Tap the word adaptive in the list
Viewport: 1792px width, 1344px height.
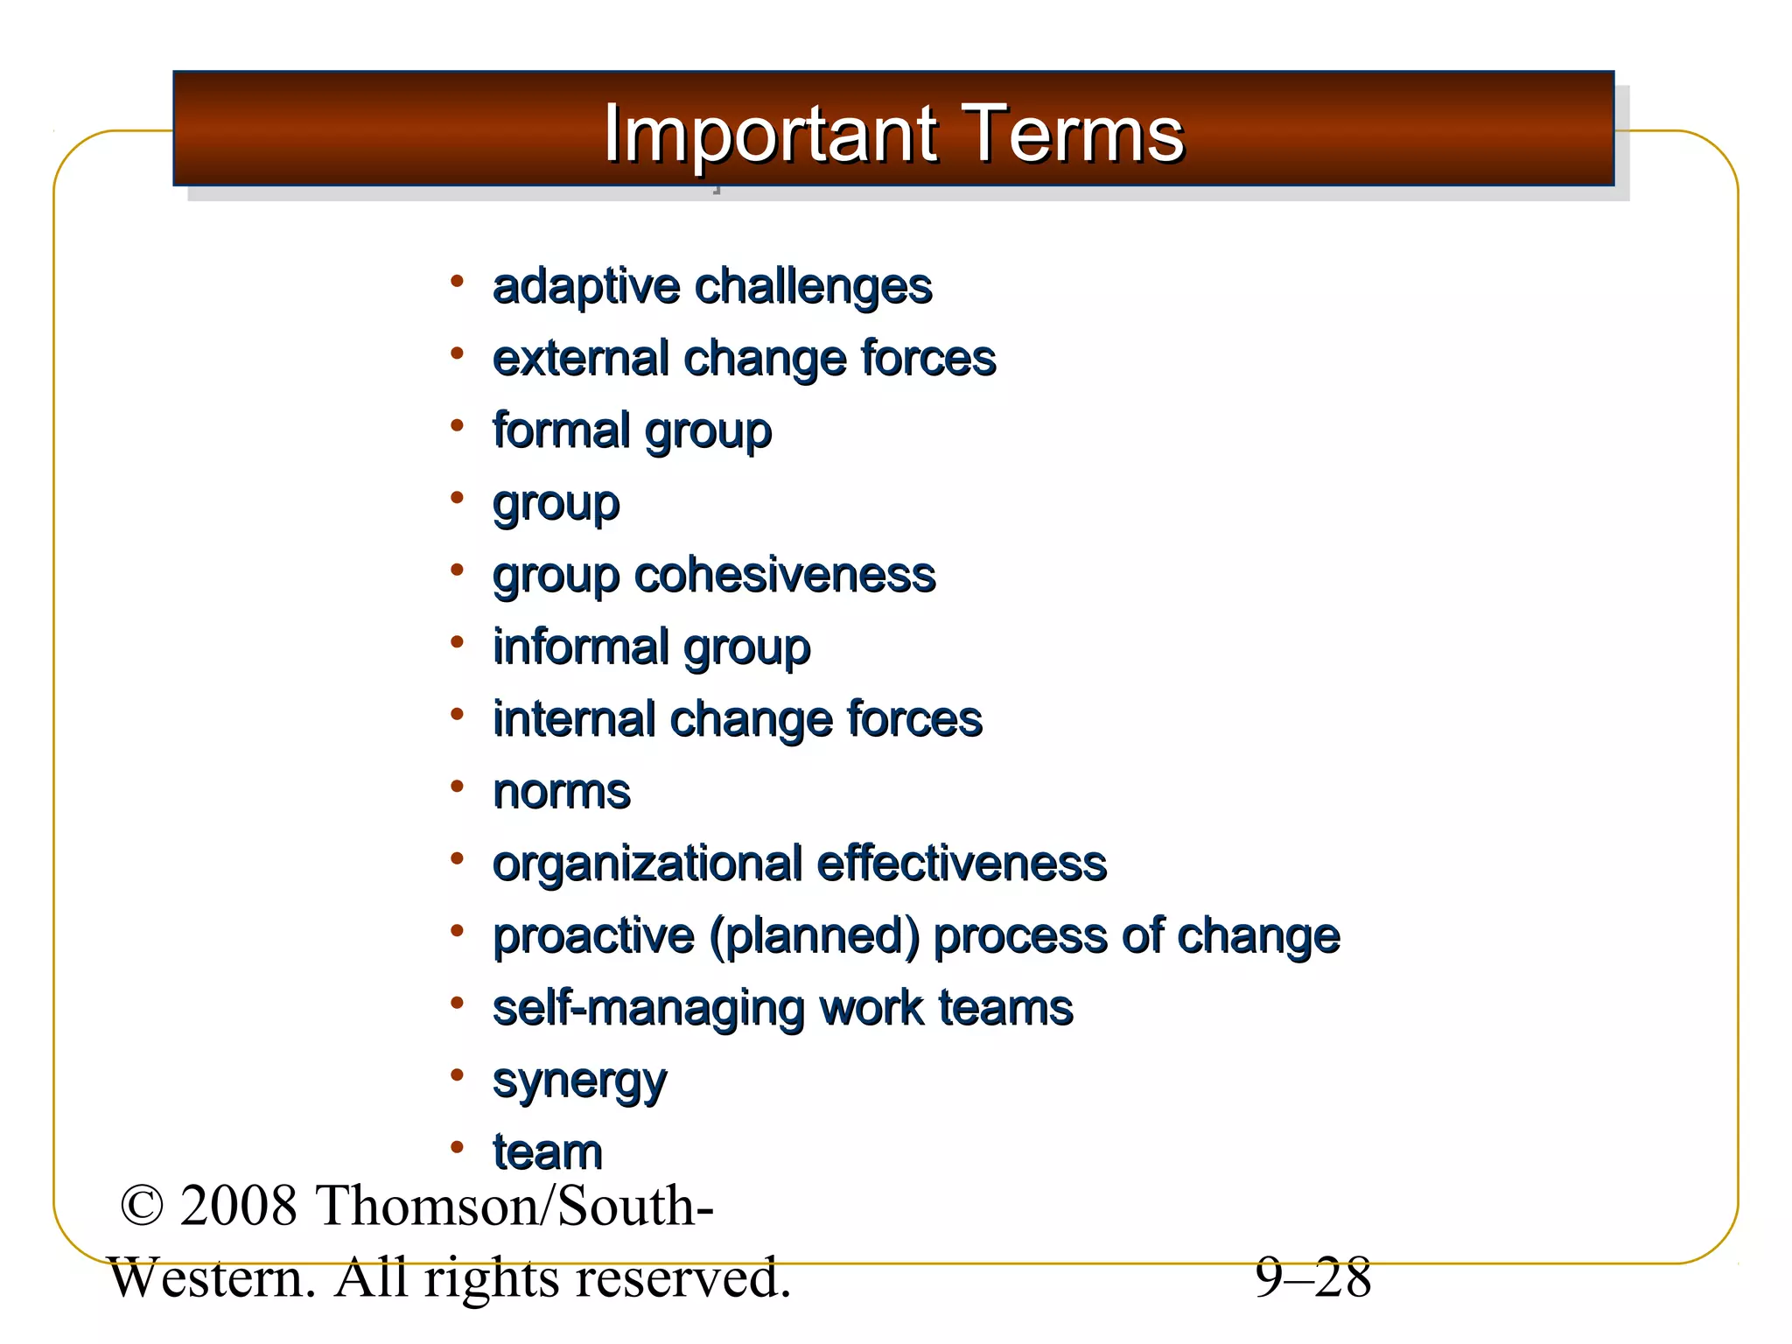585,287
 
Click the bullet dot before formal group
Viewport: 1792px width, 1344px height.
456,426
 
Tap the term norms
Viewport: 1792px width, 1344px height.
561,792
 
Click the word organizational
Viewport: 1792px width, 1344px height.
647,864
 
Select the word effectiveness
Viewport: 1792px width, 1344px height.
961,864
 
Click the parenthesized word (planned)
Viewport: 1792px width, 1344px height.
814,936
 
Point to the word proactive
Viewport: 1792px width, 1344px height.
592,936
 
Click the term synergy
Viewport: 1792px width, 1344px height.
579,1082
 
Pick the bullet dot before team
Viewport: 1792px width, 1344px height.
456,1147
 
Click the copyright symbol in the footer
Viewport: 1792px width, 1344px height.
142,1206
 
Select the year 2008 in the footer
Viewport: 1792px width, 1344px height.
238,1206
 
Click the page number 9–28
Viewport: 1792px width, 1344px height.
1312,1277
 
